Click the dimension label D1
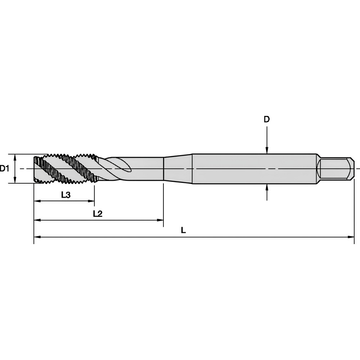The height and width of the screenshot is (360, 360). click(4, 168)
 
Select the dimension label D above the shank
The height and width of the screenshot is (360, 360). click(266, 120)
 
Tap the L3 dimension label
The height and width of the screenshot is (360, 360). click(66, 195)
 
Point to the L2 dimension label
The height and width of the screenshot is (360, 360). click(98, 213)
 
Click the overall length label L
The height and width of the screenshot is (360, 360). click(183, 230)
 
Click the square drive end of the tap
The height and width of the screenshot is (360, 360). click(335, 168)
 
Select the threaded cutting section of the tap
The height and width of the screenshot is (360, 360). click(65, 168)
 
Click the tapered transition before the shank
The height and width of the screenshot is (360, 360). click(178, 168)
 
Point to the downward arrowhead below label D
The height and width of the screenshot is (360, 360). click(266, 151)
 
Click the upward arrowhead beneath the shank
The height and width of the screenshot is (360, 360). click(266, 186)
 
